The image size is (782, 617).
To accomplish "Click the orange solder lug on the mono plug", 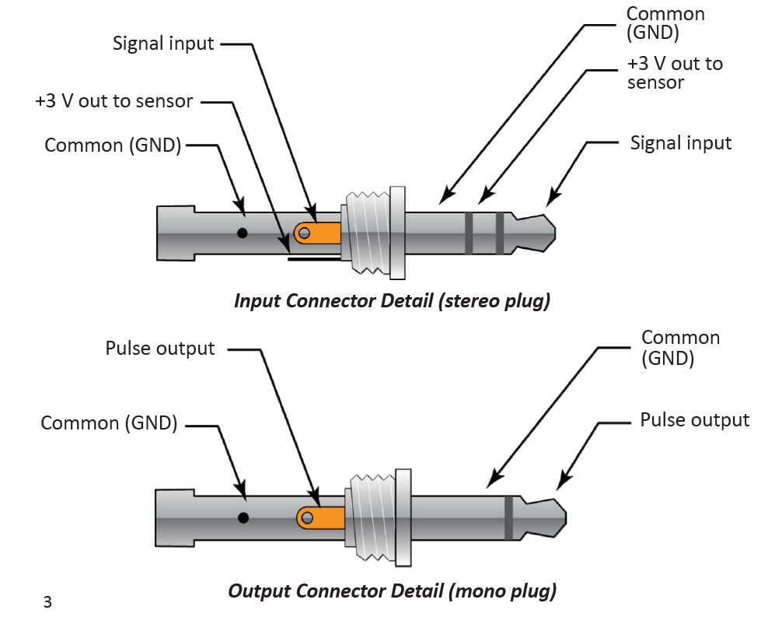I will pos(322,517).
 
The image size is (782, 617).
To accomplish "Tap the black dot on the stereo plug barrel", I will pos(243,233).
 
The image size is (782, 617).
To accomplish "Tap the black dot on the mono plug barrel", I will pos(243,517).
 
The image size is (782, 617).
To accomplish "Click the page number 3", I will pos(47,601).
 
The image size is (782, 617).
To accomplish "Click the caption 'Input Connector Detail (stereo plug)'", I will pos(392,301).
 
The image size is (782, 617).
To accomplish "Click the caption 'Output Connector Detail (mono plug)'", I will pos(392,591).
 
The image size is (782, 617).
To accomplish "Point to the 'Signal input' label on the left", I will pos(162,43).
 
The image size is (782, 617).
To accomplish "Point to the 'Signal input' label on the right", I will pos(681,143).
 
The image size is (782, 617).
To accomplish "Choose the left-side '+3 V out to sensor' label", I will pos(114,101).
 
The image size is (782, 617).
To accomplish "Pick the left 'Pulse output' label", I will pos(160,348).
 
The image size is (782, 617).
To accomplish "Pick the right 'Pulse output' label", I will pos(694,420).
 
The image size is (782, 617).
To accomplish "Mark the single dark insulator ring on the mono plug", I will pos(508,517).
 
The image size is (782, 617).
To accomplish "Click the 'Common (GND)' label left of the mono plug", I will pos(109,423).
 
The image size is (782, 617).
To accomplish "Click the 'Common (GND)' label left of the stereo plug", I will pos(113,145).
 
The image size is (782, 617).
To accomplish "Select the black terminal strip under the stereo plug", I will pos(314,260).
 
